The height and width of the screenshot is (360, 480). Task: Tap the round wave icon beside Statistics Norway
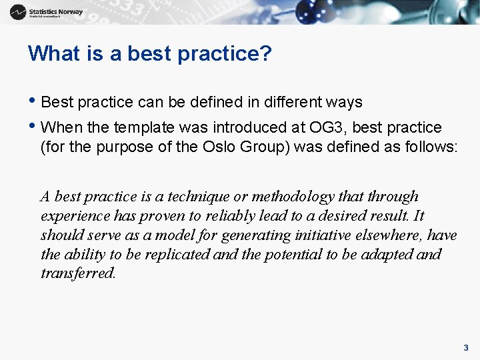[x=18, y=12]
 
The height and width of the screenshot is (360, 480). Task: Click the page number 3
[x=466, y=347]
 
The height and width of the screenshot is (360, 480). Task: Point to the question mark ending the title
[x=266, y=53]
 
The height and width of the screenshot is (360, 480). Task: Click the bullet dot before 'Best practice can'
[x=34, y=102]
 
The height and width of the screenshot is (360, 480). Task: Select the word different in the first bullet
[x=293, y=102]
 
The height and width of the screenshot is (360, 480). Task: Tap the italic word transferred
[x=78, y=274]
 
